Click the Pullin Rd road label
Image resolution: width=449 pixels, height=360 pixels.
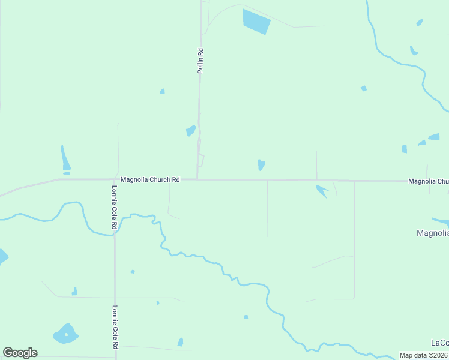point(201,61)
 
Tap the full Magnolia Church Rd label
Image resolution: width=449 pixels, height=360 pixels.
point(150,179)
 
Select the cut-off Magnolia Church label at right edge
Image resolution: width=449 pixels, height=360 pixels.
point(428,181)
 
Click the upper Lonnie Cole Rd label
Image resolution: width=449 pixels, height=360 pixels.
point(113,207)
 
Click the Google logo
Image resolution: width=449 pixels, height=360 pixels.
point(20,353)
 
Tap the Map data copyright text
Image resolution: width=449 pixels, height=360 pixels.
point(424,355)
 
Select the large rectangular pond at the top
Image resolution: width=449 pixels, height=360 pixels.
point(256,21)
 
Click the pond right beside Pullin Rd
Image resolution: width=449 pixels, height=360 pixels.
point(191,130)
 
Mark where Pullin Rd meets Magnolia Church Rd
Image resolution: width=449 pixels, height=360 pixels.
point(197,179)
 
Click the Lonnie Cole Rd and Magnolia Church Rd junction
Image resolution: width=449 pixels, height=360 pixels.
point(114,179)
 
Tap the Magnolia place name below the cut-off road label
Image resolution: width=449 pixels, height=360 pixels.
point(432,233)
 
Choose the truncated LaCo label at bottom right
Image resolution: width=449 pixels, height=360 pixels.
point(439,343)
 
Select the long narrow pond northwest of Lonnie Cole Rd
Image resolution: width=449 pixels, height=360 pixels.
point(65,159)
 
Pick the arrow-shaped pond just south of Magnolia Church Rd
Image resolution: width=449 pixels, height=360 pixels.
point(321,191)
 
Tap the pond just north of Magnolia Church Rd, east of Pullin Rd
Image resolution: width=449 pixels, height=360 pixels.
point(261,164)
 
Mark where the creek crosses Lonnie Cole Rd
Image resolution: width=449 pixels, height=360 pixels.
point(114,235)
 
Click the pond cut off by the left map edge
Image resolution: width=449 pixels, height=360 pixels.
point(2,257)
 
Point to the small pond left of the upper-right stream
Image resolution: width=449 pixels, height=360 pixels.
point(364,89)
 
